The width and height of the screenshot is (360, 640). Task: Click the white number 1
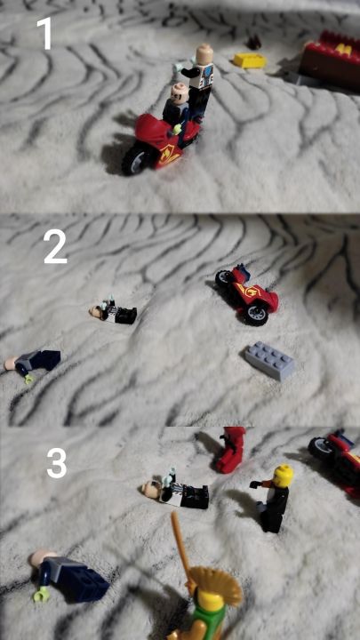click(45, 34)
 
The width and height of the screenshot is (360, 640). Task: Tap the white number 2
click(55, 246)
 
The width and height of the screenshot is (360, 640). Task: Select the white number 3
click(56, 463)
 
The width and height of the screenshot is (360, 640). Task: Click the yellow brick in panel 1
click(250, 60)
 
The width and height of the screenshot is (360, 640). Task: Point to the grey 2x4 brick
click(270, 360)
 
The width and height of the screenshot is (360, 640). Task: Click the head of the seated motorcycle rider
click(179, 91)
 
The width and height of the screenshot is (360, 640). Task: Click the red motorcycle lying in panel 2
click(247, 293)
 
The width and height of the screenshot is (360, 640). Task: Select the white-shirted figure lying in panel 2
click(113, 312)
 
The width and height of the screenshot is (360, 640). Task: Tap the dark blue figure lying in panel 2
click(32, 364)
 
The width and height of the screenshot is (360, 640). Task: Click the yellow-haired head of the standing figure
click(283, 476)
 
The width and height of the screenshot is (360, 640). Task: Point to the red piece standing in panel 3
click(230, 450)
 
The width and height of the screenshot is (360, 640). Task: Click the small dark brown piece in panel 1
click(255, 42)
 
